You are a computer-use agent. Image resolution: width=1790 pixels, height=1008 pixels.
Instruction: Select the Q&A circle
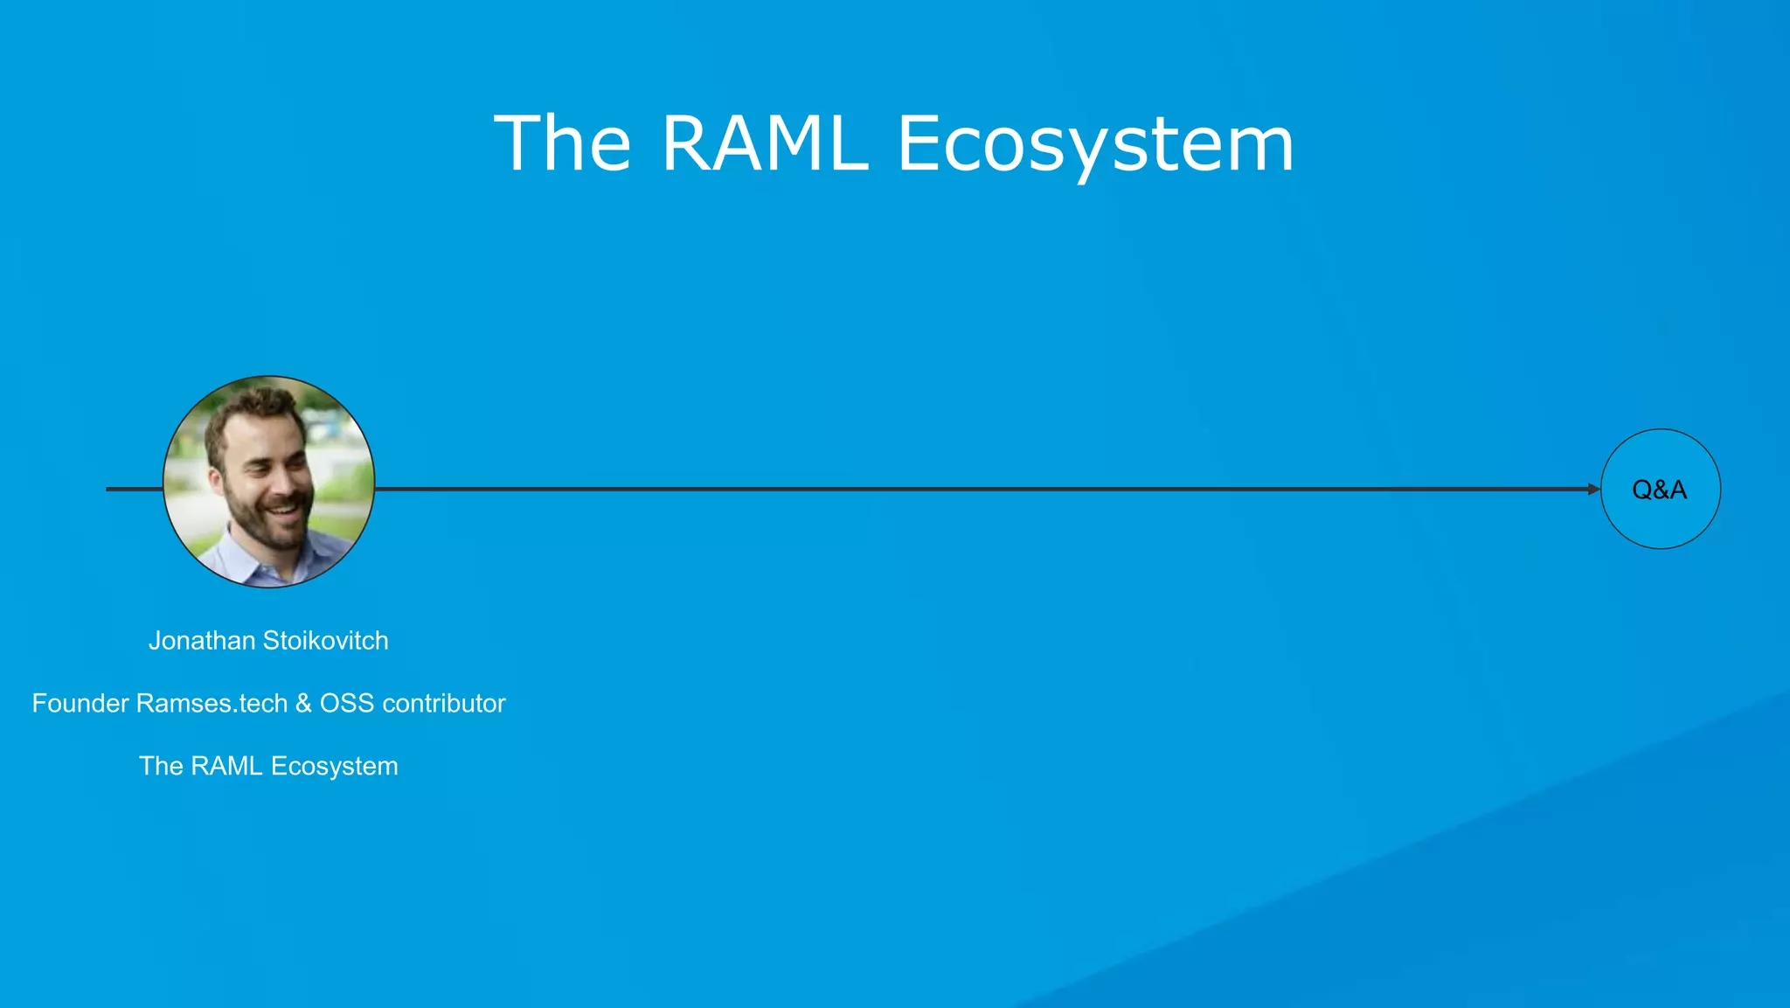[1660, 490]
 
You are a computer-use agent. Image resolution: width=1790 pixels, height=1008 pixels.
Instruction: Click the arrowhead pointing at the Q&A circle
[1593, 490]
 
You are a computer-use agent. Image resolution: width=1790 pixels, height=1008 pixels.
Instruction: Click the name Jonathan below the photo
[201, 641]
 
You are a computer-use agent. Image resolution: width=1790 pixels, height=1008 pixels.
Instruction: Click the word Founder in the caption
[80, 704]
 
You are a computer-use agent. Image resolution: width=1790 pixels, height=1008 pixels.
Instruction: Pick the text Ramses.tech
[212, 704]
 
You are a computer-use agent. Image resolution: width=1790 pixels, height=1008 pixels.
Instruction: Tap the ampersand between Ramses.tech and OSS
[303, 704]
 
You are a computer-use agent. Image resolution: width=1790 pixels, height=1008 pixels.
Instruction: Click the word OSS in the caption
[346, 704]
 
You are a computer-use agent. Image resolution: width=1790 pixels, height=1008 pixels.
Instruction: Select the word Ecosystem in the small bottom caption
[334, 767]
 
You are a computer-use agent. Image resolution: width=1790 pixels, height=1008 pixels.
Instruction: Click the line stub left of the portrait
[134, 490]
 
